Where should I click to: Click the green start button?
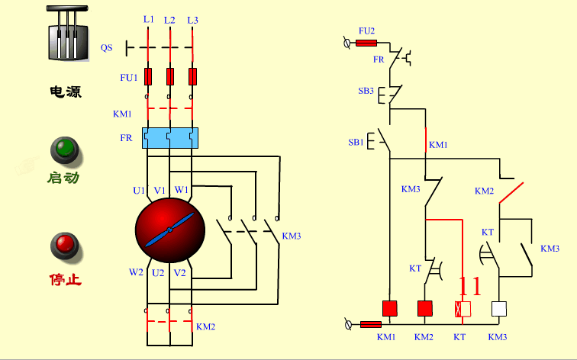coord(65,149)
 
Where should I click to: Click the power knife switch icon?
coord(66,34)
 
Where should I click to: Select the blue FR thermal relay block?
coord(169,138)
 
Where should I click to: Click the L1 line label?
coord(148,19)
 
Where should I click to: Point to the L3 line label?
coord(192,19)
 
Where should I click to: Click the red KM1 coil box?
coord(389,309)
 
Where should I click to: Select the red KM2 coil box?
coord(425,309)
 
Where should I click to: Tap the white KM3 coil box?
coord(499,309)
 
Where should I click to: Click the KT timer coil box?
coord(463,309)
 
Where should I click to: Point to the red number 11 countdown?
coord(469,287)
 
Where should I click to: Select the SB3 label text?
coord(366,91)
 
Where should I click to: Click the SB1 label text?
coord(356,143)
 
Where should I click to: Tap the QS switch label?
coord(106,47)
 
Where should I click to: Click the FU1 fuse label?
coord(128,77)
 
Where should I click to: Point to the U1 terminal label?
coord(138,190)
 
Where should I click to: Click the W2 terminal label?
coord(136,272)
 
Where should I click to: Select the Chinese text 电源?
coord(66,92)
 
